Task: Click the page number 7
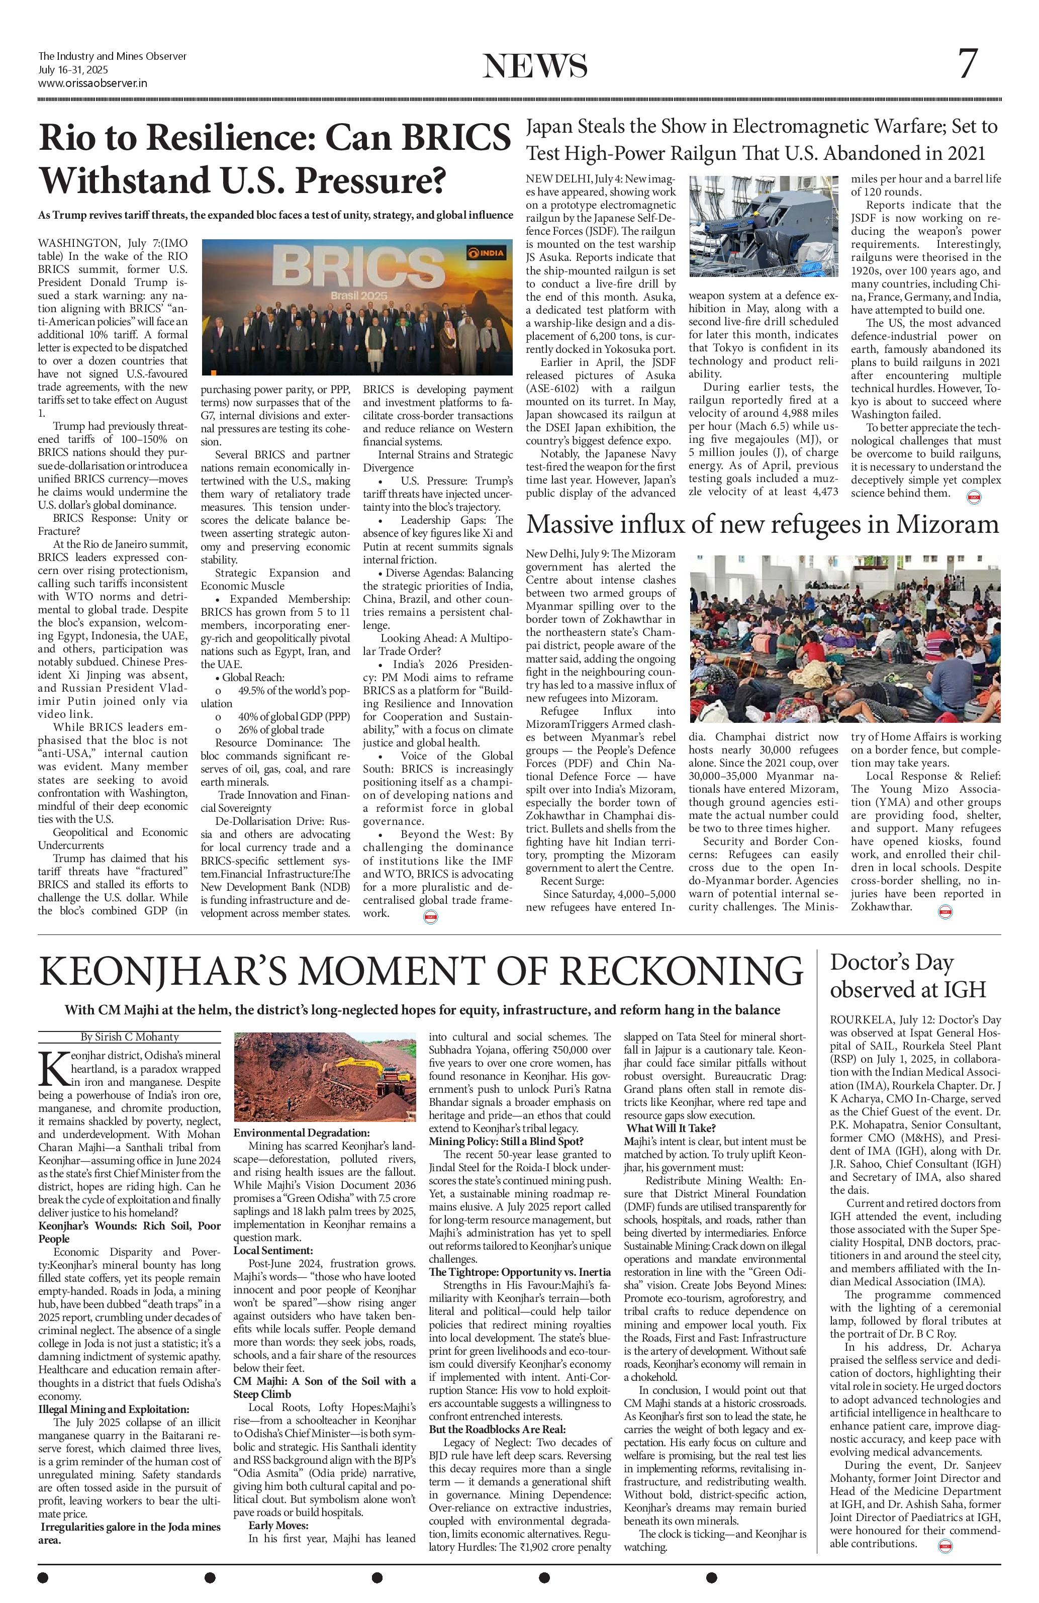tap(967, 65)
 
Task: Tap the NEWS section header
tap(535, 66)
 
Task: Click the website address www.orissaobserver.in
tap(92, 83)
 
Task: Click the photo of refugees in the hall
tap(844, 638)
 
